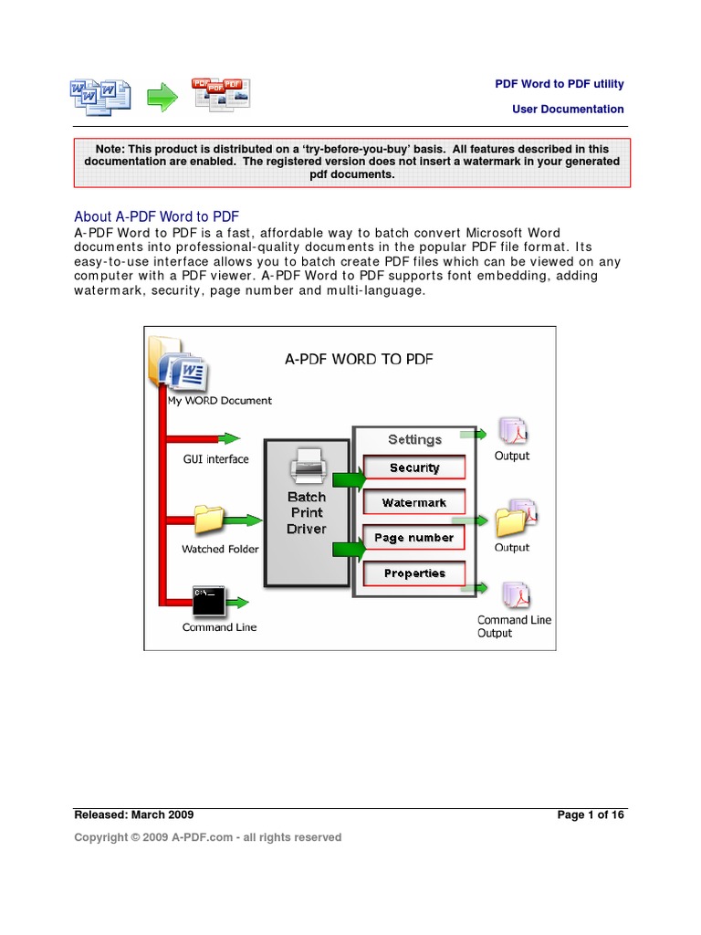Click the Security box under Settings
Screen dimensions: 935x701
414,467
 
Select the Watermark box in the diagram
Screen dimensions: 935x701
414,502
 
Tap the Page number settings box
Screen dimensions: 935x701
414,538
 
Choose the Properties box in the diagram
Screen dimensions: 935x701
414,573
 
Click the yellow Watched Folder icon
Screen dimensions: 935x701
208,520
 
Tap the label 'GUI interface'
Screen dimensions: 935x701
215,459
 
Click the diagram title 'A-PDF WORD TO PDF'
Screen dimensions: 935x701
359,359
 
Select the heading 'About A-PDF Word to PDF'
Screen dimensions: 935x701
156,216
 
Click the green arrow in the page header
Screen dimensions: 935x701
163,97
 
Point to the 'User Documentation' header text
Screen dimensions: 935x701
568,109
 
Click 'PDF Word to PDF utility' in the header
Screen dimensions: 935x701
560,84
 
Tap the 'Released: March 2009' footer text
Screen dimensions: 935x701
134,814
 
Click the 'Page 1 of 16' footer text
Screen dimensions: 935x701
591,814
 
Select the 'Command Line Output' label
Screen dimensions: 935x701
514,626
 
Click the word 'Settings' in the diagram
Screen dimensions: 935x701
414,439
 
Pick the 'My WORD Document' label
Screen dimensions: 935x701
219,400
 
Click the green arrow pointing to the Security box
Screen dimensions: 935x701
347,478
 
